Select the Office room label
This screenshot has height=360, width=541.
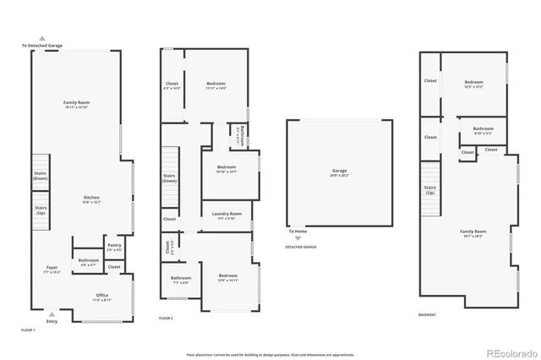[101, 297]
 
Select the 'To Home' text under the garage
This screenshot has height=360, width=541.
[297, 231]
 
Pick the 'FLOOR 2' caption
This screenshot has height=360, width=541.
[166, 318]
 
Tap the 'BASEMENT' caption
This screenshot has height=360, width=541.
[428, 314]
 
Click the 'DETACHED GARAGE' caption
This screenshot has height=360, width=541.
[300, 247]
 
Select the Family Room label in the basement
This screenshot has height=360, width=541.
[473, 232]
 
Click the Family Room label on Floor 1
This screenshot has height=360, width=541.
[76, 105]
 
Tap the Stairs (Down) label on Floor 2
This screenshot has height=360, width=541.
[169, 178]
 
